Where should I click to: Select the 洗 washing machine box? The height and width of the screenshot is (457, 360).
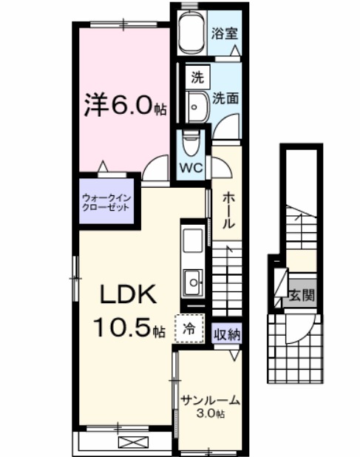197,76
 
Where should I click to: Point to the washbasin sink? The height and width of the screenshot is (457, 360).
197,106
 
